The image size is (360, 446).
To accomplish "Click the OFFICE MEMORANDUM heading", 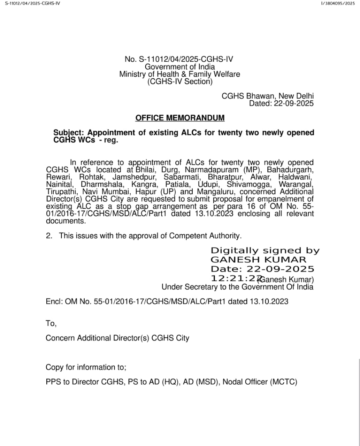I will pyautogui.click(x=180, y=118).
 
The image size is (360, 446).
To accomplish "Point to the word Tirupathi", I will pyautogui.click(x=62, y=192).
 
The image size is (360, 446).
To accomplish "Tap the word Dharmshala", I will pyautogui.click(x=102, y=184).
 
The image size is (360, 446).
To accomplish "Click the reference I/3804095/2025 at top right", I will pyautogui.click(x=337, y=3).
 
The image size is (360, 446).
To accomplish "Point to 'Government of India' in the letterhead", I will pyautogui.click(x=180, y=67).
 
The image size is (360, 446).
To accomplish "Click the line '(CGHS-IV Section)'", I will pyautogui.click(x=180, y=82).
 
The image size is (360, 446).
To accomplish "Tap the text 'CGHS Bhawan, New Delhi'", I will pyautogui.click(x=268, y=96).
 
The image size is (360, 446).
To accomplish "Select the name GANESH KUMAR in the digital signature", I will pyautogui.click(x=258, y=260).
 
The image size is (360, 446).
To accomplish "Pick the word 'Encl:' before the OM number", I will pyautogui.click(x=54, y=301).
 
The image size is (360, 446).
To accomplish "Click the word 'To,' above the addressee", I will pyautogui.click(x=51, y=323).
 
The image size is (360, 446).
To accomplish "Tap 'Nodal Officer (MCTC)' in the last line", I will pyautogui.click(x=260, y=382).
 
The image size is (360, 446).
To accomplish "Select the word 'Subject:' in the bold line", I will pyautogui.click(x=69, y=133).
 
